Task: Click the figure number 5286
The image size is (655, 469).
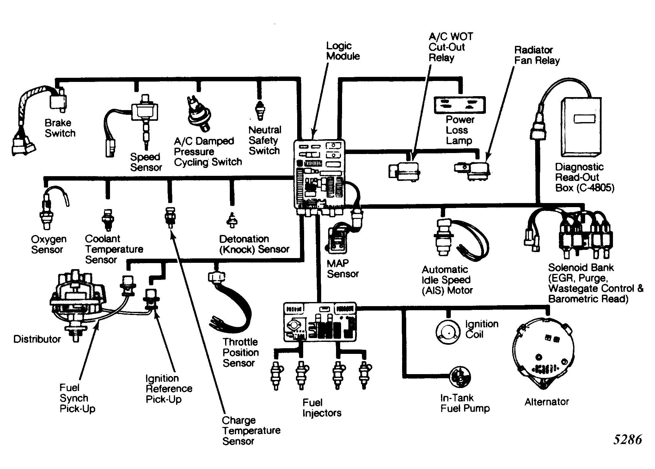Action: (x=628, y=440)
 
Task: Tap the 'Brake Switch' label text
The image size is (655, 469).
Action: (x=60, y=128)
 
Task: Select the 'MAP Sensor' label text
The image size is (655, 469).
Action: (x=343, y=268)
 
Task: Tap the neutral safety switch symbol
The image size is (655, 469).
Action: (x=260, y=111)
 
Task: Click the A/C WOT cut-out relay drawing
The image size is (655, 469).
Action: (x=405, y=171)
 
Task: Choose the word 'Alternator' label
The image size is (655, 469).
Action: (x=547, y=402)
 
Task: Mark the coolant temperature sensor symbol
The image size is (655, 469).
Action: (x=107, y=219)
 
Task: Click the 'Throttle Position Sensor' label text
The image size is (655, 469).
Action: (x=241, y=352)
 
